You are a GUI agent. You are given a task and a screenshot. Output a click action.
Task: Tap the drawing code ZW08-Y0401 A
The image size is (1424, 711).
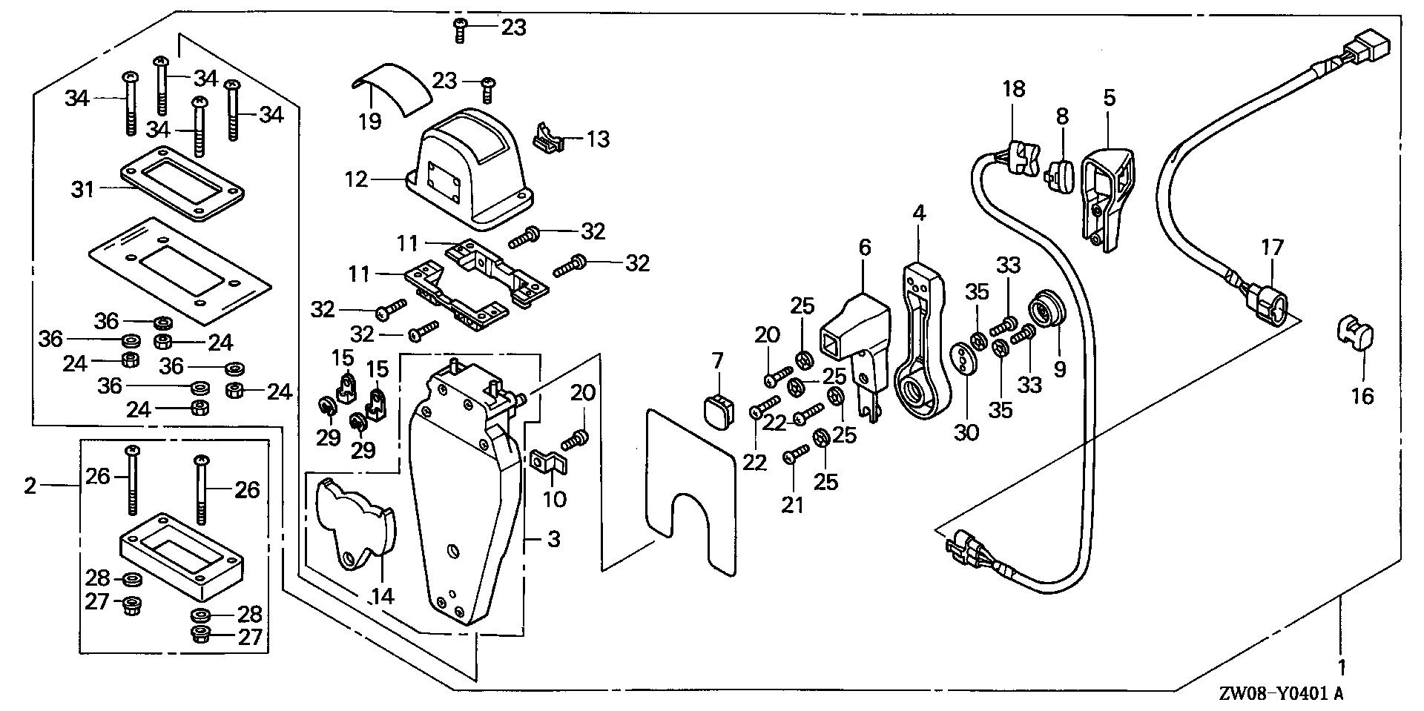(1280, 695)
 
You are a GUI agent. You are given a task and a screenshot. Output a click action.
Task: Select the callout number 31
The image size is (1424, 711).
(83, 190)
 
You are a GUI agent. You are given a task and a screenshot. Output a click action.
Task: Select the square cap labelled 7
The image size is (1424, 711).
(716, 412)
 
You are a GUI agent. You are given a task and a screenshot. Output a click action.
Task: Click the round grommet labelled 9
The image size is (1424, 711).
(1046, 311)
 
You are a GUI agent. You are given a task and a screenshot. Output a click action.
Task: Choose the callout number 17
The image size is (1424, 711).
(1272, 248)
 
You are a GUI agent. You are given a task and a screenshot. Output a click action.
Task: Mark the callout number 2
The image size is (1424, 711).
(30, 486)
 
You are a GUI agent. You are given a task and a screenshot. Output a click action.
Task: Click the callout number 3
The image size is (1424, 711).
(555, 539)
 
